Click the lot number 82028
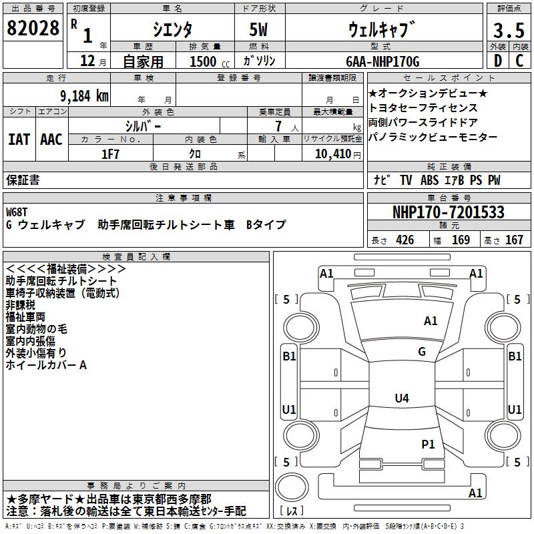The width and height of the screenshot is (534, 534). [x=33, y=29]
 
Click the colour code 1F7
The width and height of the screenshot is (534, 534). [x=111, y=154]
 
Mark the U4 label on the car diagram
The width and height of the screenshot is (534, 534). [x=401, y=398]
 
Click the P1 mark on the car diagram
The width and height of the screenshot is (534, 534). [x=428, y=444]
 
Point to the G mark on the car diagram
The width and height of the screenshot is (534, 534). [x=422, y=352]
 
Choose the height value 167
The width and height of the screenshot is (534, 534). [x=514, y=240]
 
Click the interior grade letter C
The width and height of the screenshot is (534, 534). [x=519, y=61]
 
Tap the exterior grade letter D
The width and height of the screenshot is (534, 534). [x=497, y=61]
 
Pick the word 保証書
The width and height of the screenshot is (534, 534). [x=23, y=180]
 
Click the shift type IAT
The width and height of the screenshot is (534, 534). [x=19, y=140]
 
